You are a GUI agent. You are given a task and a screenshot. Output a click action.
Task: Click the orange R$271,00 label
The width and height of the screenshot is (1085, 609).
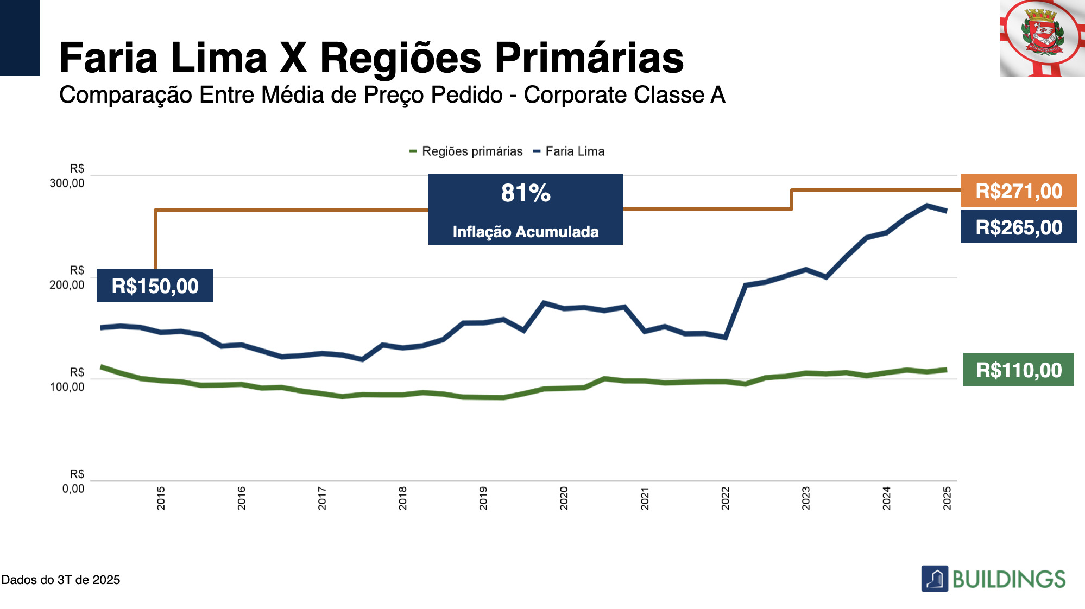pos(1018,191)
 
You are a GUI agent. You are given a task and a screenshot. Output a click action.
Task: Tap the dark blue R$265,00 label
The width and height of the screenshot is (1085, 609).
pos(1018,227)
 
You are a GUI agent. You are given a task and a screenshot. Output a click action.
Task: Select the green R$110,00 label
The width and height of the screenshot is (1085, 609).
pos(1018,370)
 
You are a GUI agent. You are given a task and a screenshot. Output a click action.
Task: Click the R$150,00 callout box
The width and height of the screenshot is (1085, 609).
pos(155,286)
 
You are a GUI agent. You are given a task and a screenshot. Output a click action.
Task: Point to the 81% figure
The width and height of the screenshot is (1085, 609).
pos(525,193)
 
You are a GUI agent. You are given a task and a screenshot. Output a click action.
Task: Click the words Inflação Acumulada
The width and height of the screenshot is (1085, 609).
pos(525,232)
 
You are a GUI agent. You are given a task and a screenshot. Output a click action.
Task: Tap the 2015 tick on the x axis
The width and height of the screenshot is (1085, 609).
pos(161,498)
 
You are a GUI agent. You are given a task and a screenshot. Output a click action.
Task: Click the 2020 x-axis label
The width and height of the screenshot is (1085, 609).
pos(564,498)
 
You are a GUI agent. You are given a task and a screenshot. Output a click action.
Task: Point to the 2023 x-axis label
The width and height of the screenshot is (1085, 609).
pos(806,498)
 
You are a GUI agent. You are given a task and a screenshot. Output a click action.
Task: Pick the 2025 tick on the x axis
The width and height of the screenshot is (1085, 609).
pos(947,498)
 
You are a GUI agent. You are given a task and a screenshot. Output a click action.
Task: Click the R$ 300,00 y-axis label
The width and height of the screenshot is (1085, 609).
pos(67,176)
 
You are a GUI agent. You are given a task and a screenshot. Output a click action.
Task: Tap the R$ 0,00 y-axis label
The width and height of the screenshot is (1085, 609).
pos(74,481)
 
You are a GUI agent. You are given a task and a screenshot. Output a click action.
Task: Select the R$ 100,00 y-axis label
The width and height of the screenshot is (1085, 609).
pos(67,380)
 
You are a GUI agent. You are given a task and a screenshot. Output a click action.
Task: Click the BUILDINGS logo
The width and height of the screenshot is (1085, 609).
pos(993,579)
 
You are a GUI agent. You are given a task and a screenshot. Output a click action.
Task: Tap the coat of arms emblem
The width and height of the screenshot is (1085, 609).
pos(1041,35)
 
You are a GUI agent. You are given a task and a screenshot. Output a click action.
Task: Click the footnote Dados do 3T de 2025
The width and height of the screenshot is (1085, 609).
pos(61,580)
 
